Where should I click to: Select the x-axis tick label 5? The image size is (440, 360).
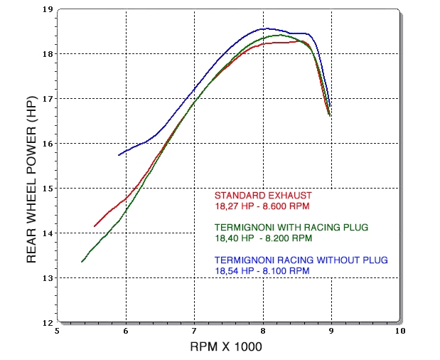pos(58,331)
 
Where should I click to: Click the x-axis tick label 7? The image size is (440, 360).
pos(194,331)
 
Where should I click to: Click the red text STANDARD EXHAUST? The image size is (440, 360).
pos(263,195)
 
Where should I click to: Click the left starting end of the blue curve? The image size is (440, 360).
pos(118,155)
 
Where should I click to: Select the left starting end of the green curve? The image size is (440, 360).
pos(82,262)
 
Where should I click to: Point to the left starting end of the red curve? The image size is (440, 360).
pos(95,226)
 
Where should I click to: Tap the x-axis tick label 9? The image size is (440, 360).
pos(331,331)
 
